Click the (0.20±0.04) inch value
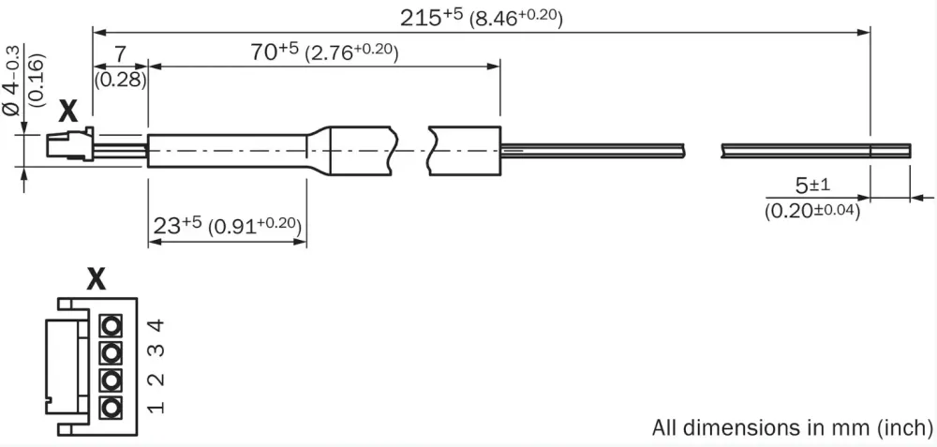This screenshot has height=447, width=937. point(812,211)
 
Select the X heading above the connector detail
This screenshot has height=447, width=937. point(96,278)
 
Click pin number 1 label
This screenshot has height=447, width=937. point(157,408)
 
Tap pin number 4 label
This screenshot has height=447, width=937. point(157,324)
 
